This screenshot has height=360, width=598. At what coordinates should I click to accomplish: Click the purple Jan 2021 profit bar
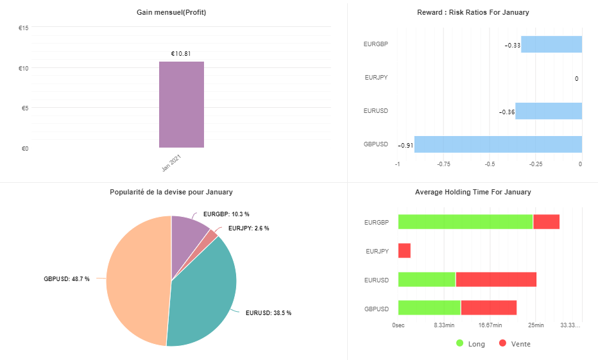tap(182, 105)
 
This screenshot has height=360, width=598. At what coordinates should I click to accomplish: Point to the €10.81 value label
tap(181, 54)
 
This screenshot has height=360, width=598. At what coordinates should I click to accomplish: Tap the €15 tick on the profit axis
tap(24, 28)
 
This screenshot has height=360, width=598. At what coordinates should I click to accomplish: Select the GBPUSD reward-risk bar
tap(498, 144)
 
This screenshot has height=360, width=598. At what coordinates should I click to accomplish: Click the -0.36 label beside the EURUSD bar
tap(507, 112)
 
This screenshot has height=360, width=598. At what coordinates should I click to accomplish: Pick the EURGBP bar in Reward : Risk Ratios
tap(551, 44)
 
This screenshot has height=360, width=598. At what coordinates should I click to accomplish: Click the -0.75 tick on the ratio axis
tap(443, 164)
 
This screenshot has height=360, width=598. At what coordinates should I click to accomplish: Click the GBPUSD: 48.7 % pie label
tap(67, 279)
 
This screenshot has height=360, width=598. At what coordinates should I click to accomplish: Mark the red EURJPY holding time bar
tap(404, 250)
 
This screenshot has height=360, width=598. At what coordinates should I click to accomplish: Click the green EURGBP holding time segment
tap(465, 222)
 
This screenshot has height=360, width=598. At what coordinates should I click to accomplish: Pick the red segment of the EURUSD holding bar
tap(496, 280)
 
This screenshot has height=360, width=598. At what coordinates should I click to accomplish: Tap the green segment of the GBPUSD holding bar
tap(429, 308)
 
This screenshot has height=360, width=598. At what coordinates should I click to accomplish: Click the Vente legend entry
tap(515, 343)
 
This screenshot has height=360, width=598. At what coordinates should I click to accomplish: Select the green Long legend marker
tap(459, 343)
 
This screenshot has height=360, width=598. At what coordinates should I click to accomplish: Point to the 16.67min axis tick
tap(490, 325)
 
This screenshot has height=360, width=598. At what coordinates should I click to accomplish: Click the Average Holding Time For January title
tap(473, 193)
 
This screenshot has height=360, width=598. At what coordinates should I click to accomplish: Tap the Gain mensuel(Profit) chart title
tap(171, 13)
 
